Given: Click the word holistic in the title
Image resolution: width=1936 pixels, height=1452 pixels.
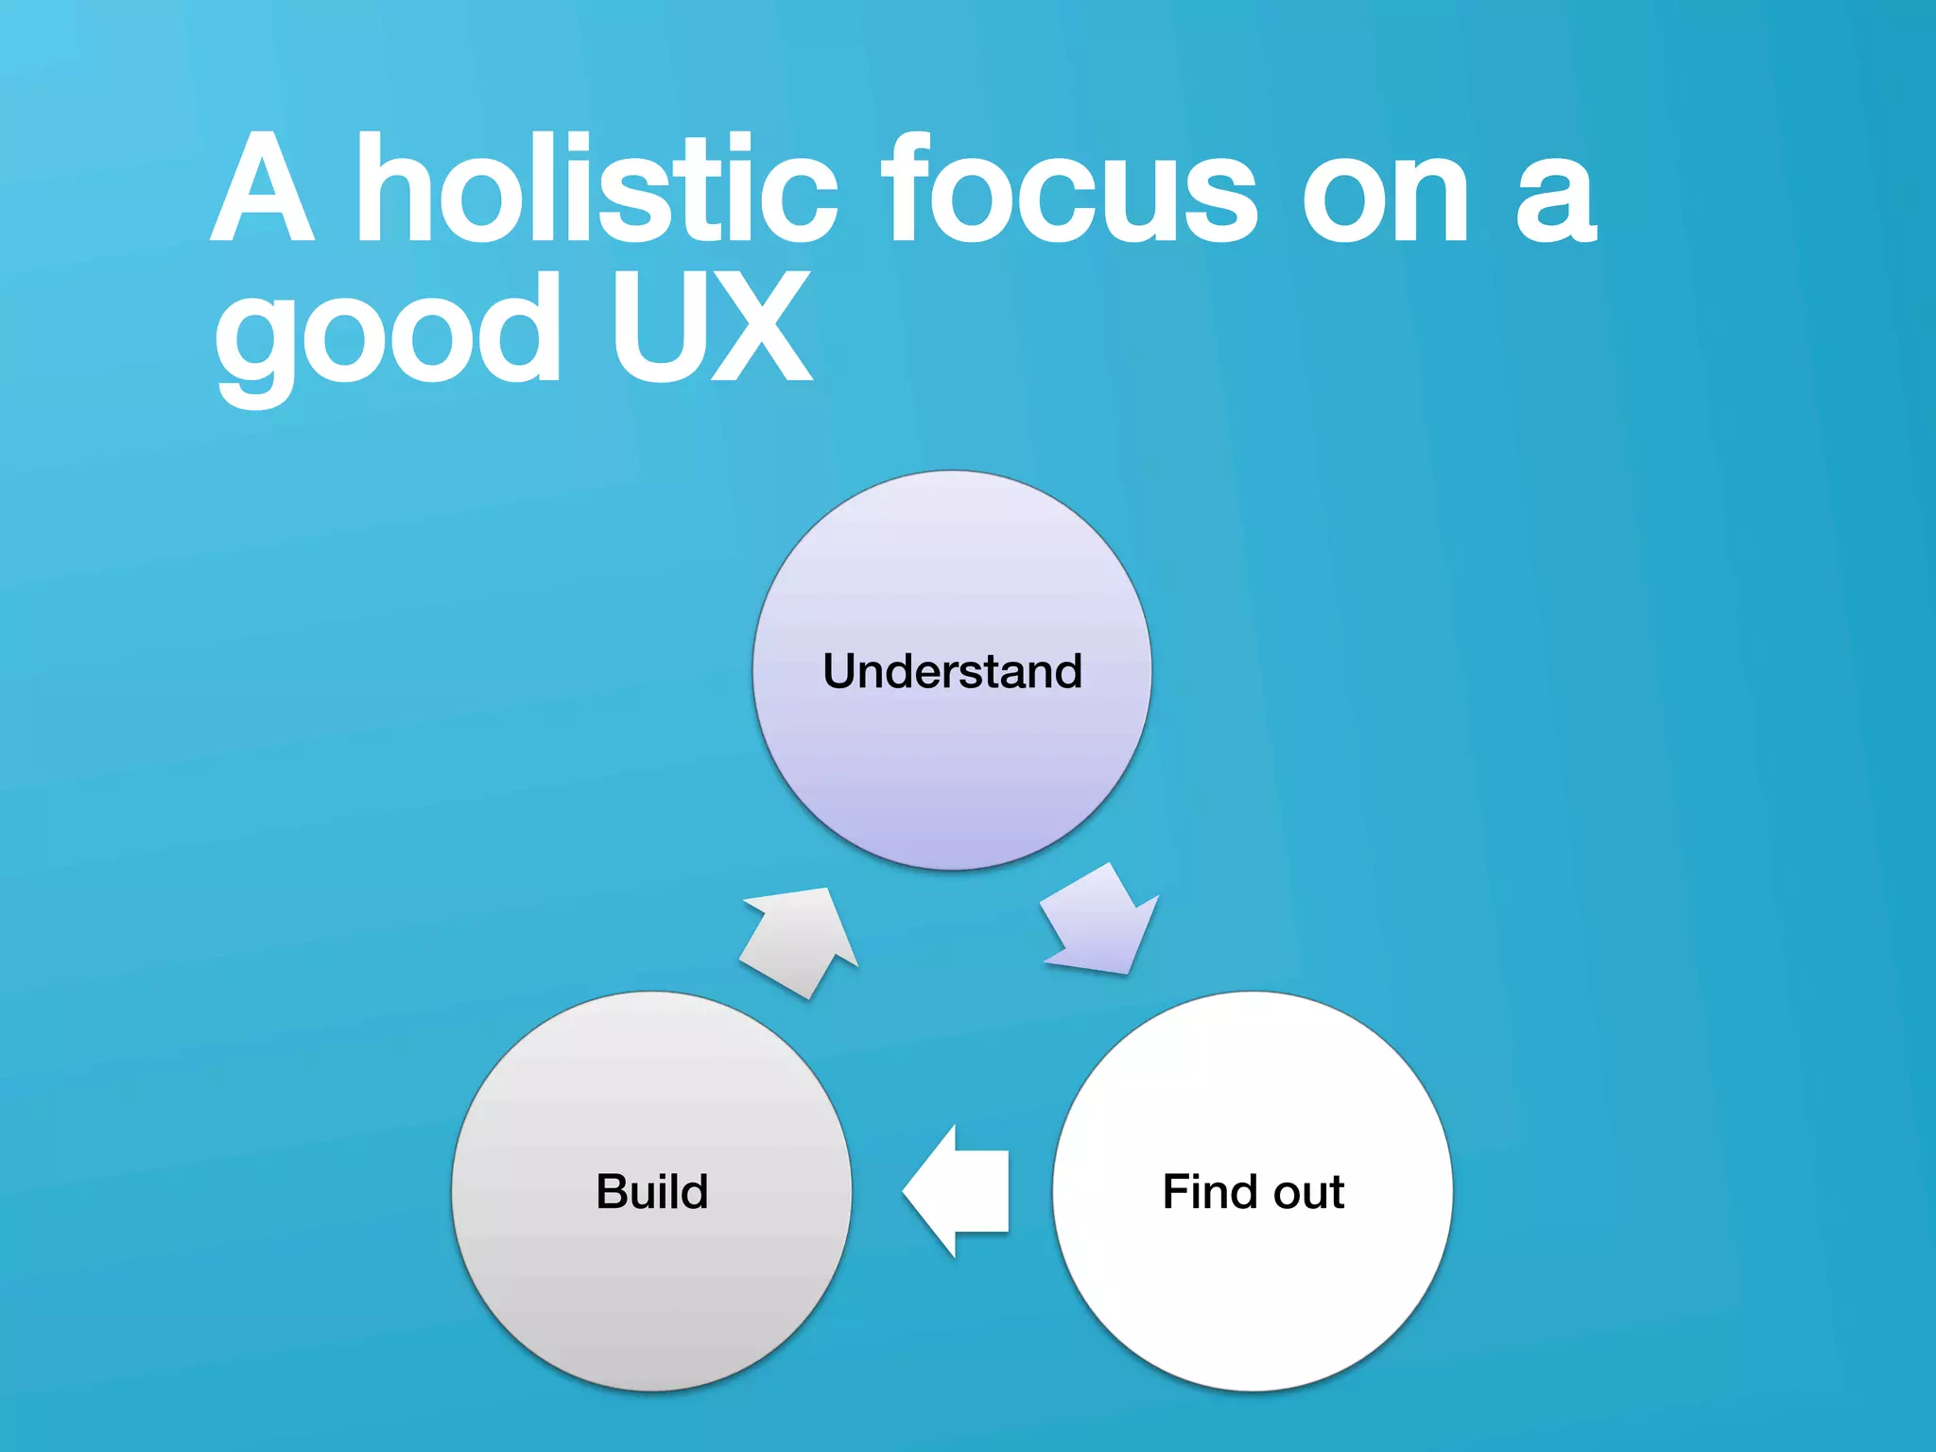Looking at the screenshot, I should (x=596, y=189).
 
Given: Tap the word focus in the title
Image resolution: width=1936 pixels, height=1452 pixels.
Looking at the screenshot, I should (x=1068, y=189).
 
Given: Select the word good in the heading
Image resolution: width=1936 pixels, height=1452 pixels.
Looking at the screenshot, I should (x=388, y=331).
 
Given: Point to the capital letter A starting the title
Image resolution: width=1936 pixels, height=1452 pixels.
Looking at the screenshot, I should (x=262, y=189).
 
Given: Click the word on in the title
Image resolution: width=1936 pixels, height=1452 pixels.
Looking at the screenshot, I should (x=1385, y=194).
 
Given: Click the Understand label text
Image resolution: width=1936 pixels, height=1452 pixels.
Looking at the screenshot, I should (x=952, y=671).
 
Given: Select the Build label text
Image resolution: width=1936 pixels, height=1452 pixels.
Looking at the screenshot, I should (x=651, y=1191).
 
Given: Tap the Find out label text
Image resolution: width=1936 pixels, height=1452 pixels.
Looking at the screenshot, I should (x=1253, y=1191).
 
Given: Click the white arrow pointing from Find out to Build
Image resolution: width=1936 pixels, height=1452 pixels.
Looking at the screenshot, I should (x=959, y=1191).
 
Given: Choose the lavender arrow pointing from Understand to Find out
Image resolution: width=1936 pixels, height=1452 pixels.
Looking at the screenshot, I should (x=1101, y=922).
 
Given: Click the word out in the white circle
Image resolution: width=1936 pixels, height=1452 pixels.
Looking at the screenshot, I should (x=1309, y=1193).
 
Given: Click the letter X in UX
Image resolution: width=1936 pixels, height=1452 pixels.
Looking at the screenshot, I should (x=761, y=326).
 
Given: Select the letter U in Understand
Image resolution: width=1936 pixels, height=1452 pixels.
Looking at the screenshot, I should (x=839, y=671).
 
